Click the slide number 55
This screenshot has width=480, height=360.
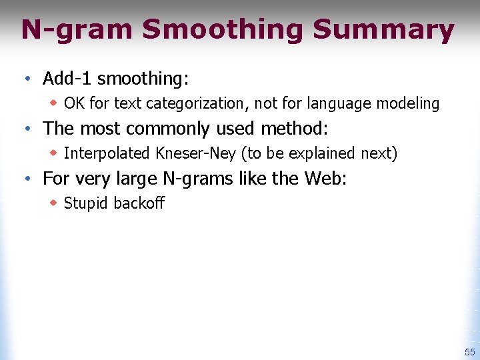[469, 351]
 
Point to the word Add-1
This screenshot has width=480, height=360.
[67, 79]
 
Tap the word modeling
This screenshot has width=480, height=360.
[409, 103]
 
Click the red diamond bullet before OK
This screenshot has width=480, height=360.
[55, 103]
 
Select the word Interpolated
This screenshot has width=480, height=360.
[107, 153]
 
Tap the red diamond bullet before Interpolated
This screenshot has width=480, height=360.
[55, 153]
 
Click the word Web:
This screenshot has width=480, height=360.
[325, 178]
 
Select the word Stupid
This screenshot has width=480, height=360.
[86, 203]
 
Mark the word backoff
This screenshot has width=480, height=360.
[139, 203]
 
